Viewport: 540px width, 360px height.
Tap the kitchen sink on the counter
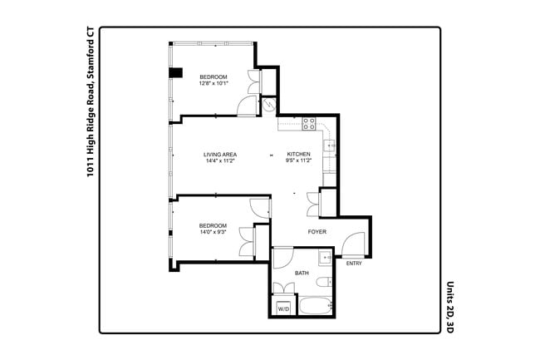[x=329, y=146]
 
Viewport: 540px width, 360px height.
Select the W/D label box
[x=283, y=308]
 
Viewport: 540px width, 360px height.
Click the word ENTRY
[x=354, y=264]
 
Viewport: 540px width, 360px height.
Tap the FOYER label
[x=317, y=231]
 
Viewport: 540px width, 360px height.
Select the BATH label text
[x=302, y=273]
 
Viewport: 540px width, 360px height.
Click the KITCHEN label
[x=298, y=155]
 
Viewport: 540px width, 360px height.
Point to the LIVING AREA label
[x=221, y=155]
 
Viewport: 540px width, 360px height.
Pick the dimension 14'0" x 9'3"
[x=213, y=232]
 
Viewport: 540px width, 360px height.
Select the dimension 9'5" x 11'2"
[x=298, y=161]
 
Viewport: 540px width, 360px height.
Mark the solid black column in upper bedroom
[x=175, y=72]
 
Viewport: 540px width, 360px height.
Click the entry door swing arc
[x=352, y=245]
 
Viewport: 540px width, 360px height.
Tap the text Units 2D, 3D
[x=449, y=307]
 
